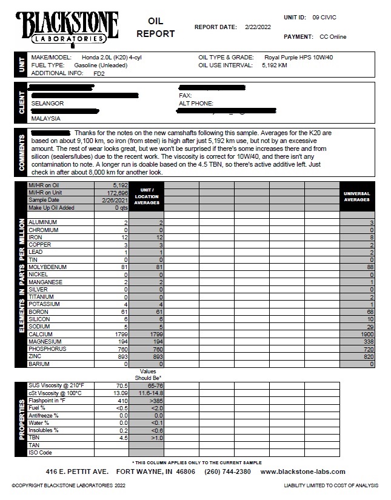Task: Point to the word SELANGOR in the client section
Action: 48,104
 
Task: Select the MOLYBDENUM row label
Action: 47,267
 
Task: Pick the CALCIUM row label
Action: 41,334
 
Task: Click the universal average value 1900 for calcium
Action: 367,334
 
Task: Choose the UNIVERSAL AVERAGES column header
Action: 357,196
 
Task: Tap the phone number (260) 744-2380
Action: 227,472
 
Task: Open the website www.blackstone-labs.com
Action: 302,472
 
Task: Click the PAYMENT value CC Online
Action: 333,36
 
